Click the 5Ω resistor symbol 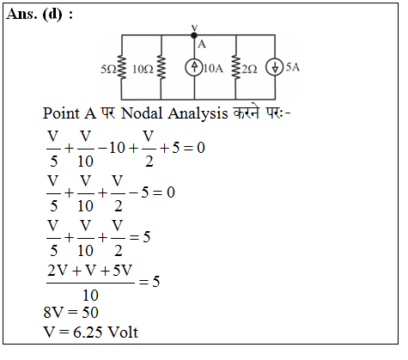(x=122, y=68)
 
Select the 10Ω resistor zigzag (x=161, y=68)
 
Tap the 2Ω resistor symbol (x=236, y=68)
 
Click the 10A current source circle (x=194, y=68)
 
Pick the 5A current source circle (x=275, y=68)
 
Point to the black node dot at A (x=194, y=35)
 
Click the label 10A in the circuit (x=213, y=69)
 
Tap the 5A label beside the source (x=293, y=67)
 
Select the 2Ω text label (x=249, y=70)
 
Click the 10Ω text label (x=143, y=70)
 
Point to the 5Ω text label (x=108, y=70)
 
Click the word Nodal (x=142, y=113)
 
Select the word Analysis (x=198, y=113)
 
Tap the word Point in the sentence (x=61, y=113)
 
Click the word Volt (x=123, y=333)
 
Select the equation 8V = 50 (x=71, y=312)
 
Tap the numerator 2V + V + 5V (x=89, y=270)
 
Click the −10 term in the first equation (x=112, y=148)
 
